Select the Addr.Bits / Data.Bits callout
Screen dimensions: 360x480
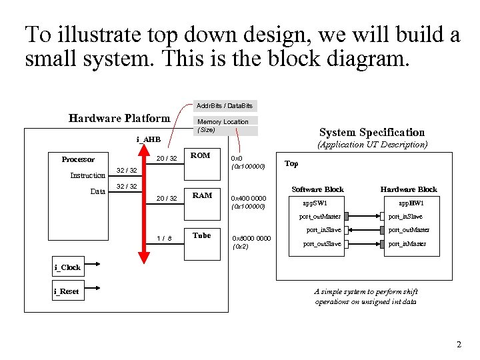click(x=224, y=105)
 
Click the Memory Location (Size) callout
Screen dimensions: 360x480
click(x=224, y=125)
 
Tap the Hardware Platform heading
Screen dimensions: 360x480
click(x=119, y=119)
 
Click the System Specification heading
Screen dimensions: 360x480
click(x=371, y=132)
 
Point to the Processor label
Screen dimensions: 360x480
click(x=78, y=159)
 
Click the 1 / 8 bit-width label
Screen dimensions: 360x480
click(x=164, y=238)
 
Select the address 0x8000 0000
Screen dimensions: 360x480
click(x=251, y=238)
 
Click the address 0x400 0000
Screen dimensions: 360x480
click(x=248, y=198)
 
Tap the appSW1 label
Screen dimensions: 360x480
click(x=315, y=203)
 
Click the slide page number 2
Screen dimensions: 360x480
click(x=458, y=345)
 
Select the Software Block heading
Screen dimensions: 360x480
click(x=317, y=189)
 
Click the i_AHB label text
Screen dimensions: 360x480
click(x=148, y=139)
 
